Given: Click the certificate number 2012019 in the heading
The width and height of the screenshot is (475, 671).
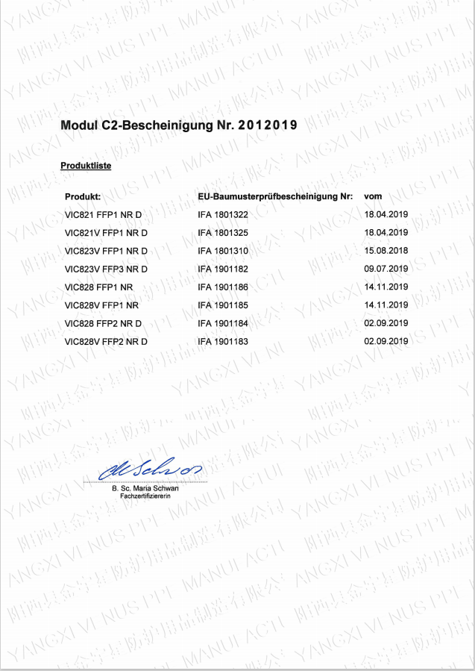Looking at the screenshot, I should pyautogui.click(x=268, y=125).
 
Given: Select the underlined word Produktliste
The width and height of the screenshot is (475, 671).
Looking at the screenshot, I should pyautogui.click(x=86, y=166).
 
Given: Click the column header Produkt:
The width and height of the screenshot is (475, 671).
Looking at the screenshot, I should pyautogui.click(x=83, y=197).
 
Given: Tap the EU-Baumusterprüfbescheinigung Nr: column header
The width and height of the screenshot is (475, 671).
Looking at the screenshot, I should pyautogui.click(x=275, y=197).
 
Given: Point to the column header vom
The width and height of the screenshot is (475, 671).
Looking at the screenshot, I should pyautogui.click(x=373, y=196).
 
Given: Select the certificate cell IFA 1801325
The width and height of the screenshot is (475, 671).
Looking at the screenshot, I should pyautogui.click(x=223, y=233).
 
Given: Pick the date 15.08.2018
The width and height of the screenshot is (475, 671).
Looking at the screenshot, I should pyautogui.click(x=386, y=251).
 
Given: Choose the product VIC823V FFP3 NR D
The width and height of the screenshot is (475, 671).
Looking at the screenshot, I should pyautogui.click(x=107, y=269).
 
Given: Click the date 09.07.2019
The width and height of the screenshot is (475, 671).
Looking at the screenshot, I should pyautogui.click(x=386, y=269).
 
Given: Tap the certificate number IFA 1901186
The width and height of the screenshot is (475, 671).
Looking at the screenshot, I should pyautogui.click(x=223, y=287).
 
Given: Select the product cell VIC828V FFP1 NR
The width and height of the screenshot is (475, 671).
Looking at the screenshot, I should pyautogui.click(x=102, y=305).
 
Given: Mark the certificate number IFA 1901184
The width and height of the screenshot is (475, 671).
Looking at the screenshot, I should pyautogui.click(x=223, y=323).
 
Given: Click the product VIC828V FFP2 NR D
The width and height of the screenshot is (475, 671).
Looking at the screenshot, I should pyautogui.click(x=107, y=341).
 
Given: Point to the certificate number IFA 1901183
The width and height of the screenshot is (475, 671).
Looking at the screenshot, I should pyautogui.click(x=223, y=341).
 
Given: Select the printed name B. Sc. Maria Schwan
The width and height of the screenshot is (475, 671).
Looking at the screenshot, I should pyautogui.click(x=145, y=489).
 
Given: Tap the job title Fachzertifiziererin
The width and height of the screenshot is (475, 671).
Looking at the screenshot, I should pyautogui.click(x=145, y=496).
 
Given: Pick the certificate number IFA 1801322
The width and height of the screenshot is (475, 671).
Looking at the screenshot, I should pyautogui.click(x=223, y=215).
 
